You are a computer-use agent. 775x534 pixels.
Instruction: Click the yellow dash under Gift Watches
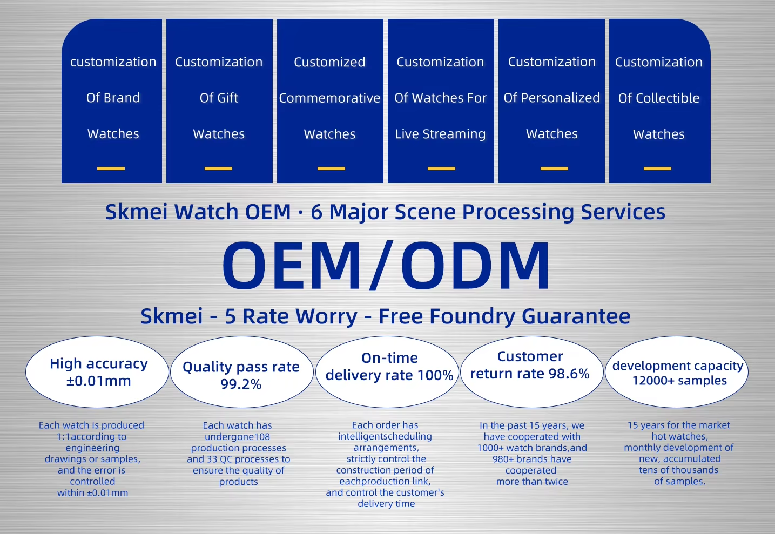coord(218,168)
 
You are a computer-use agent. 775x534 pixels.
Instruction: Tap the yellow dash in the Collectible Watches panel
coord(657,168)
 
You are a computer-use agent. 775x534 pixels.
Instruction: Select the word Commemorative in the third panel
coord(330,98)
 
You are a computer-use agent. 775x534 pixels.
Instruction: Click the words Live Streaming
coord(440,134)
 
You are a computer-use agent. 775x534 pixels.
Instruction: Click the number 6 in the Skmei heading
coord(316,212)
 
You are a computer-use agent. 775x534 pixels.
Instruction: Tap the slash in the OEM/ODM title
coord(381,265)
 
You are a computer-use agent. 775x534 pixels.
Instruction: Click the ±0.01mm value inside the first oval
coord(99,381)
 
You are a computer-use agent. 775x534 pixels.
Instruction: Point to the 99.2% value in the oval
coord(241,384)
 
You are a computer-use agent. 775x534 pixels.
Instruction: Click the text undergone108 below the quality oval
coord(237,437)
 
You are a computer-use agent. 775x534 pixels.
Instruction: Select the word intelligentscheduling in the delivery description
coord(385,436)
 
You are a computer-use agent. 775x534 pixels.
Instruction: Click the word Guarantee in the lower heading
coord(576,316)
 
